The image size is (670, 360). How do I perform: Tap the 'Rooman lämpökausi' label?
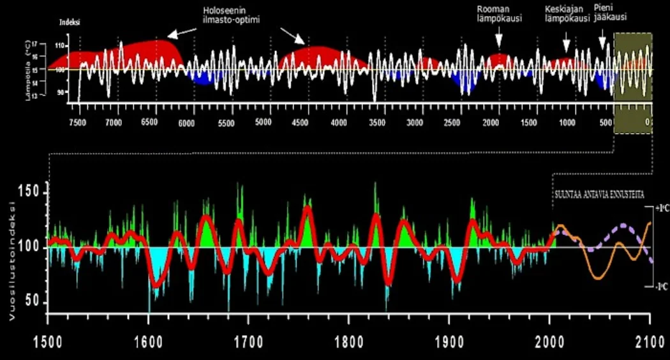click(x=500, y=13)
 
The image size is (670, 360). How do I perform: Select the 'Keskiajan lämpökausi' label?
click(x=566, y=13)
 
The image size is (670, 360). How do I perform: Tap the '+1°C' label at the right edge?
click(x=661, y=208)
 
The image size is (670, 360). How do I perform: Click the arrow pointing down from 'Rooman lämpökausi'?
click(x=499, y=40)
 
